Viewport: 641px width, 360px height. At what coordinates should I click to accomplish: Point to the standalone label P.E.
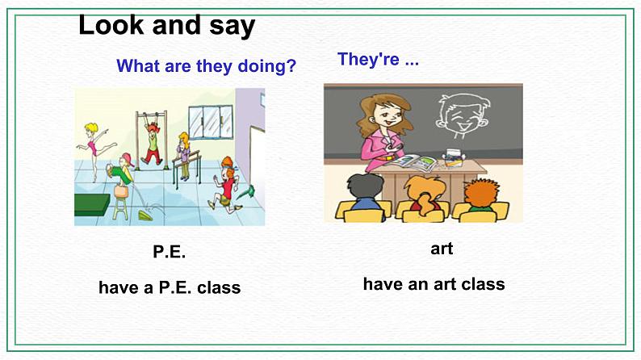[170, 252]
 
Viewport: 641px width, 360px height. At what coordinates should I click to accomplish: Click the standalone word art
[442, 249]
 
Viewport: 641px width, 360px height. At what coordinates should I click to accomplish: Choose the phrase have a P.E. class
[170, 287]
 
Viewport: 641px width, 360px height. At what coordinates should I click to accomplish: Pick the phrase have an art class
[434, 284]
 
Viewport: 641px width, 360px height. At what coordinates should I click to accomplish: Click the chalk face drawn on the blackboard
[457, 121]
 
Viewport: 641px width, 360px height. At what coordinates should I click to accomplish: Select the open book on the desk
[421, 161]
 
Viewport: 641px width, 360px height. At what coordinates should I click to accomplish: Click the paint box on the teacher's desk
[455, 157]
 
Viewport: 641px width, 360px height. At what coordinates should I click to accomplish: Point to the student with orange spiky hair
[482, 196]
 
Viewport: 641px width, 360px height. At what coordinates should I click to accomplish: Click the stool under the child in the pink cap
[120, 205]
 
